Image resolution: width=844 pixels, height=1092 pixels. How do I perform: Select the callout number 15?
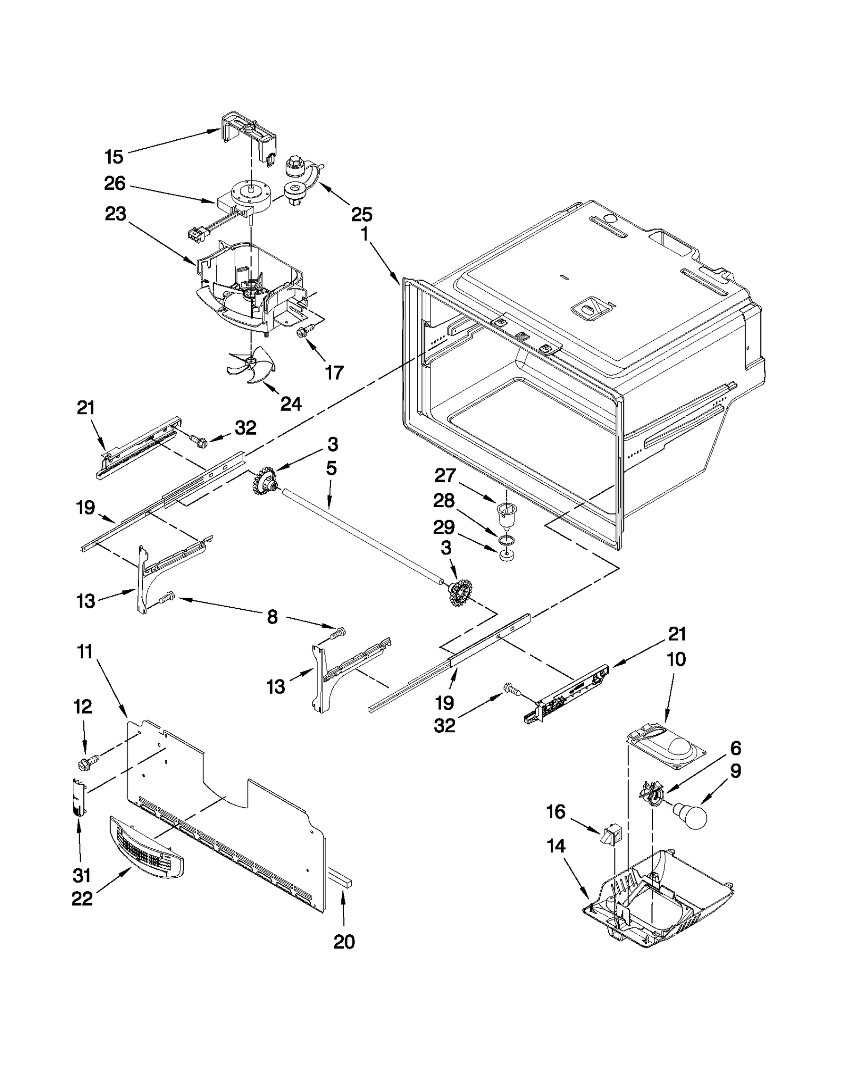point(114,157)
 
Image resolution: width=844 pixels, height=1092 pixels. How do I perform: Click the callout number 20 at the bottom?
point(344,942)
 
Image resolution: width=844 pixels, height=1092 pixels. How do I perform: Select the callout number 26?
point(115,184)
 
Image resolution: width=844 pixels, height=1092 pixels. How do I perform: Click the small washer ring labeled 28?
point(506,539)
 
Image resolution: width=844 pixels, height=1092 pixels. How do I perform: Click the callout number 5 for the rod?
point(331,468)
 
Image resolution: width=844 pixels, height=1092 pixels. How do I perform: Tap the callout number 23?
point(116,214)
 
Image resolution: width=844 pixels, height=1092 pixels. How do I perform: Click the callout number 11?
point(84,652)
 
